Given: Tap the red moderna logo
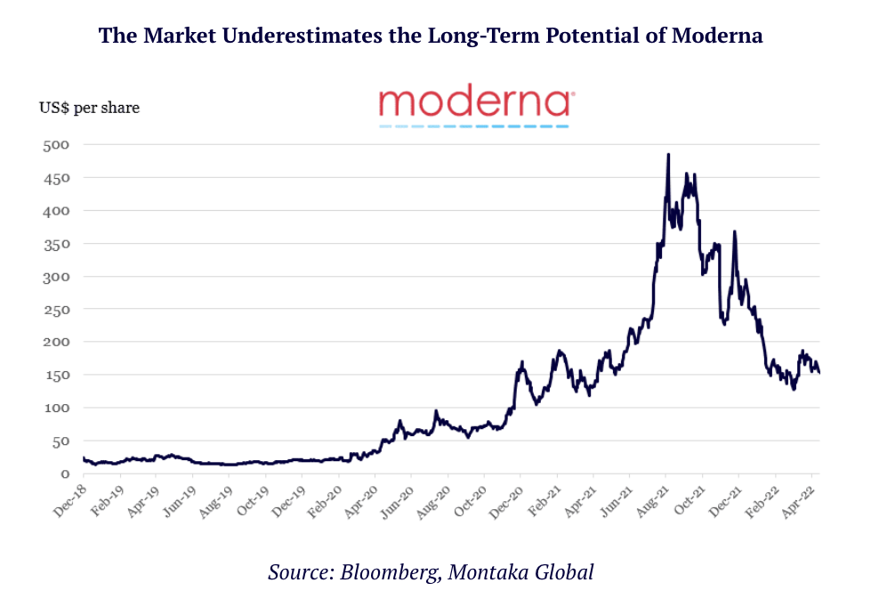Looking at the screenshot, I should coord(474,102).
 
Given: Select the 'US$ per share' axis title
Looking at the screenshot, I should coord(89,108).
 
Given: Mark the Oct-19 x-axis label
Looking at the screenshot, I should coord(250,501).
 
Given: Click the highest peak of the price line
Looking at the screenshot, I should coord(667,155).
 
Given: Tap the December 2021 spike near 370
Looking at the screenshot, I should coord(734,232).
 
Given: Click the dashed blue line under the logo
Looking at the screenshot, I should coord(474,126).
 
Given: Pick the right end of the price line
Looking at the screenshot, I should coord(819,372).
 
